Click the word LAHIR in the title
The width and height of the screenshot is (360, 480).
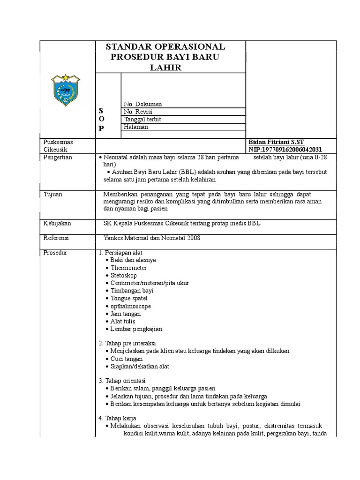click(x=165, y=67)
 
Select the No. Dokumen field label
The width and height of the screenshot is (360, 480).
click(x=143, y=104)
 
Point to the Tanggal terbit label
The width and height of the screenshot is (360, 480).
click(x=142, y=119)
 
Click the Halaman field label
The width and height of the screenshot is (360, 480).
click(x=136, y=127)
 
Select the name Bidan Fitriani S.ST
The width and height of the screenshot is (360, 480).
click(x=276, y=142)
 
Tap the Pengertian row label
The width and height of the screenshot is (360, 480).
click(x=58, y=157)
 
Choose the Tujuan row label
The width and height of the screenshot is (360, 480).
click(x=52, y=194)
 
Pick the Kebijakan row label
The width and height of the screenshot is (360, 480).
click(x=57, y=224)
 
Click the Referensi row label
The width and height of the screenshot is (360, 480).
click(x=56, y=238)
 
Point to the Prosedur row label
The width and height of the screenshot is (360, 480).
click(x=55, y=253)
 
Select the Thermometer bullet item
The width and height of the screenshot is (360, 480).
click(x=128, y=268)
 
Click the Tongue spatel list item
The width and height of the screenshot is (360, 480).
click(x=129, y=298)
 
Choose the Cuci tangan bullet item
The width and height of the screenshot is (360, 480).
click(x=127, y=358)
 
